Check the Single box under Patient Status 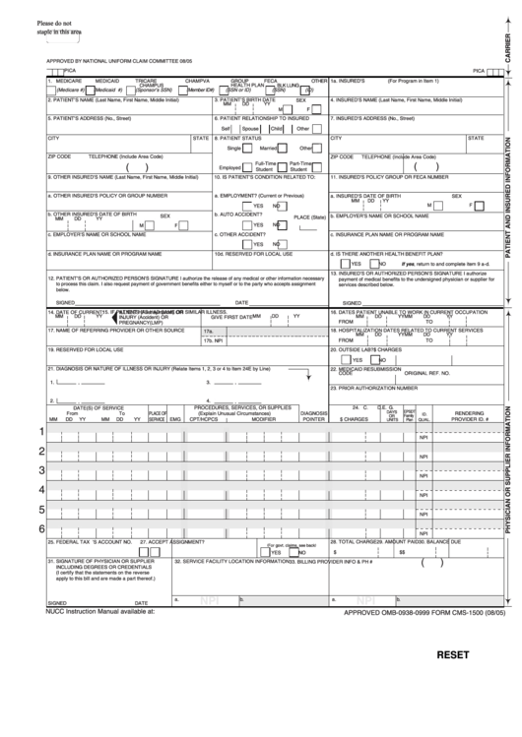pos(246,148)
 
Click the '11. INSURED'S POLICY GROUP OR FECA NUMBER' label pos(390,178)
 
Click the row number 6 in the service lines pos(40,557)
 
